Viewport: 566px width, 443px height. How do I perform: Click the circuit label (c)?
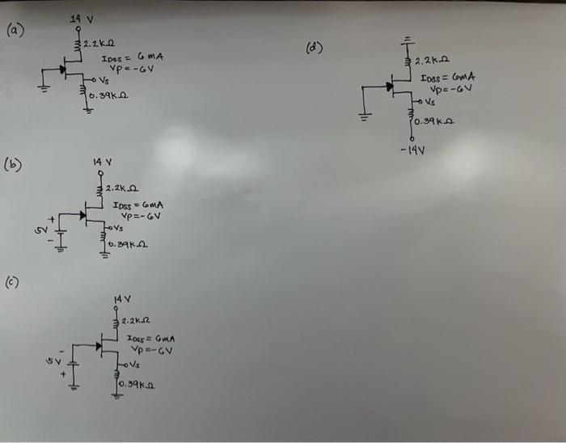point(14,282)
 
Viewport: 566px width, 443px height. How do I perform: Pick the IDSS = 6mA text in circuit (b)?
point(136,205)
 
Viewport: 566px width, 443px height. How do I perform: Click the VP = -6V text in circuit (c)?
point(151,350)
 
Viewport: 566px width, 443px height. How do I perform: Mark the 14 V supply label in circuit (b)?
point(102,162)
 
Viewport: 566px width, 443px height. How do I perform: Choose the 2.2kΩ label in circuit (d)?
point(430,61)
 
